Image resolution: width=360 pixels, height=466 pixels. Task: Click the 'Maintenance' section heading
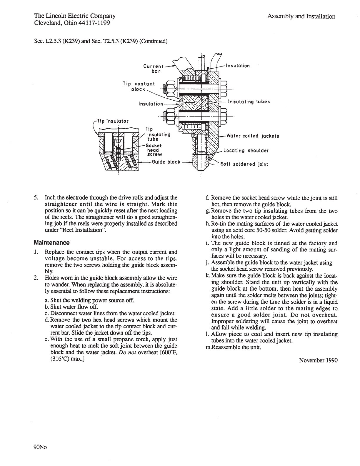52,243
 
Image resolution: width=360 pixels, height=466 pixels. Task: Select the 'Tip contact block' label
139,86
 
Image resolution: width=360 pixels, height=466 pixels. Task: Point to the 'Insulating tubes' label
249,102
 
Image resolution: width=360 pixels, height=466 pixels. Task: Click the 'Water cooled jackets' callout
252,136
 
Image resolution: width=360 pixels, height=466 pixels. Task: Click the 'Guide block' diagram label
166,162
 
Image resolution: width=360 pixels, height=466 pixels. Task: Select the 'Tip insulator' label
113,121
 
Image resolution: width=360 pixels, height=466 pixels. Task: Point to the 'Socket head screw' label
154,150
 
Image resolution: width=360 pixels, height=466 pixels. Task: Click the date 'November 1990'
318,360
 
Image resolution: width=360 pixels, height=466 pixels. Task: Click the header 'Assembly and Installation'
301,16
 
